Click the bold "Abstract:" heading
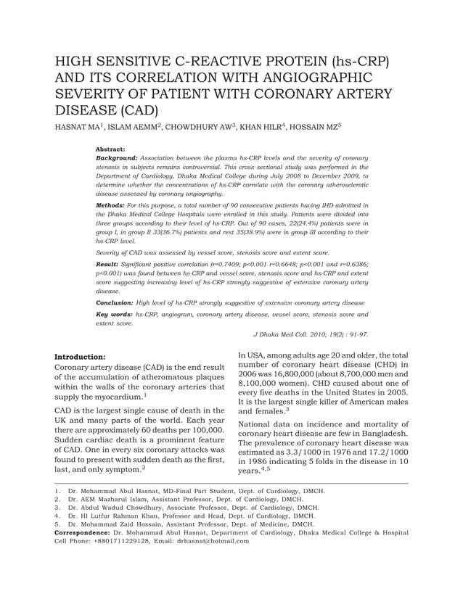click(110, 149)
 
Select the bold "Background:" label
click(116, 157)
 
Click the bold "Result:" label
click(107, 264)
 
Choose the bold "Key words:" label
click(114, 314)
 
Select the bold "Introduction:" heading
click(81, 357)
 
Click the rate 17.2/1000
click(385, 453)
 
